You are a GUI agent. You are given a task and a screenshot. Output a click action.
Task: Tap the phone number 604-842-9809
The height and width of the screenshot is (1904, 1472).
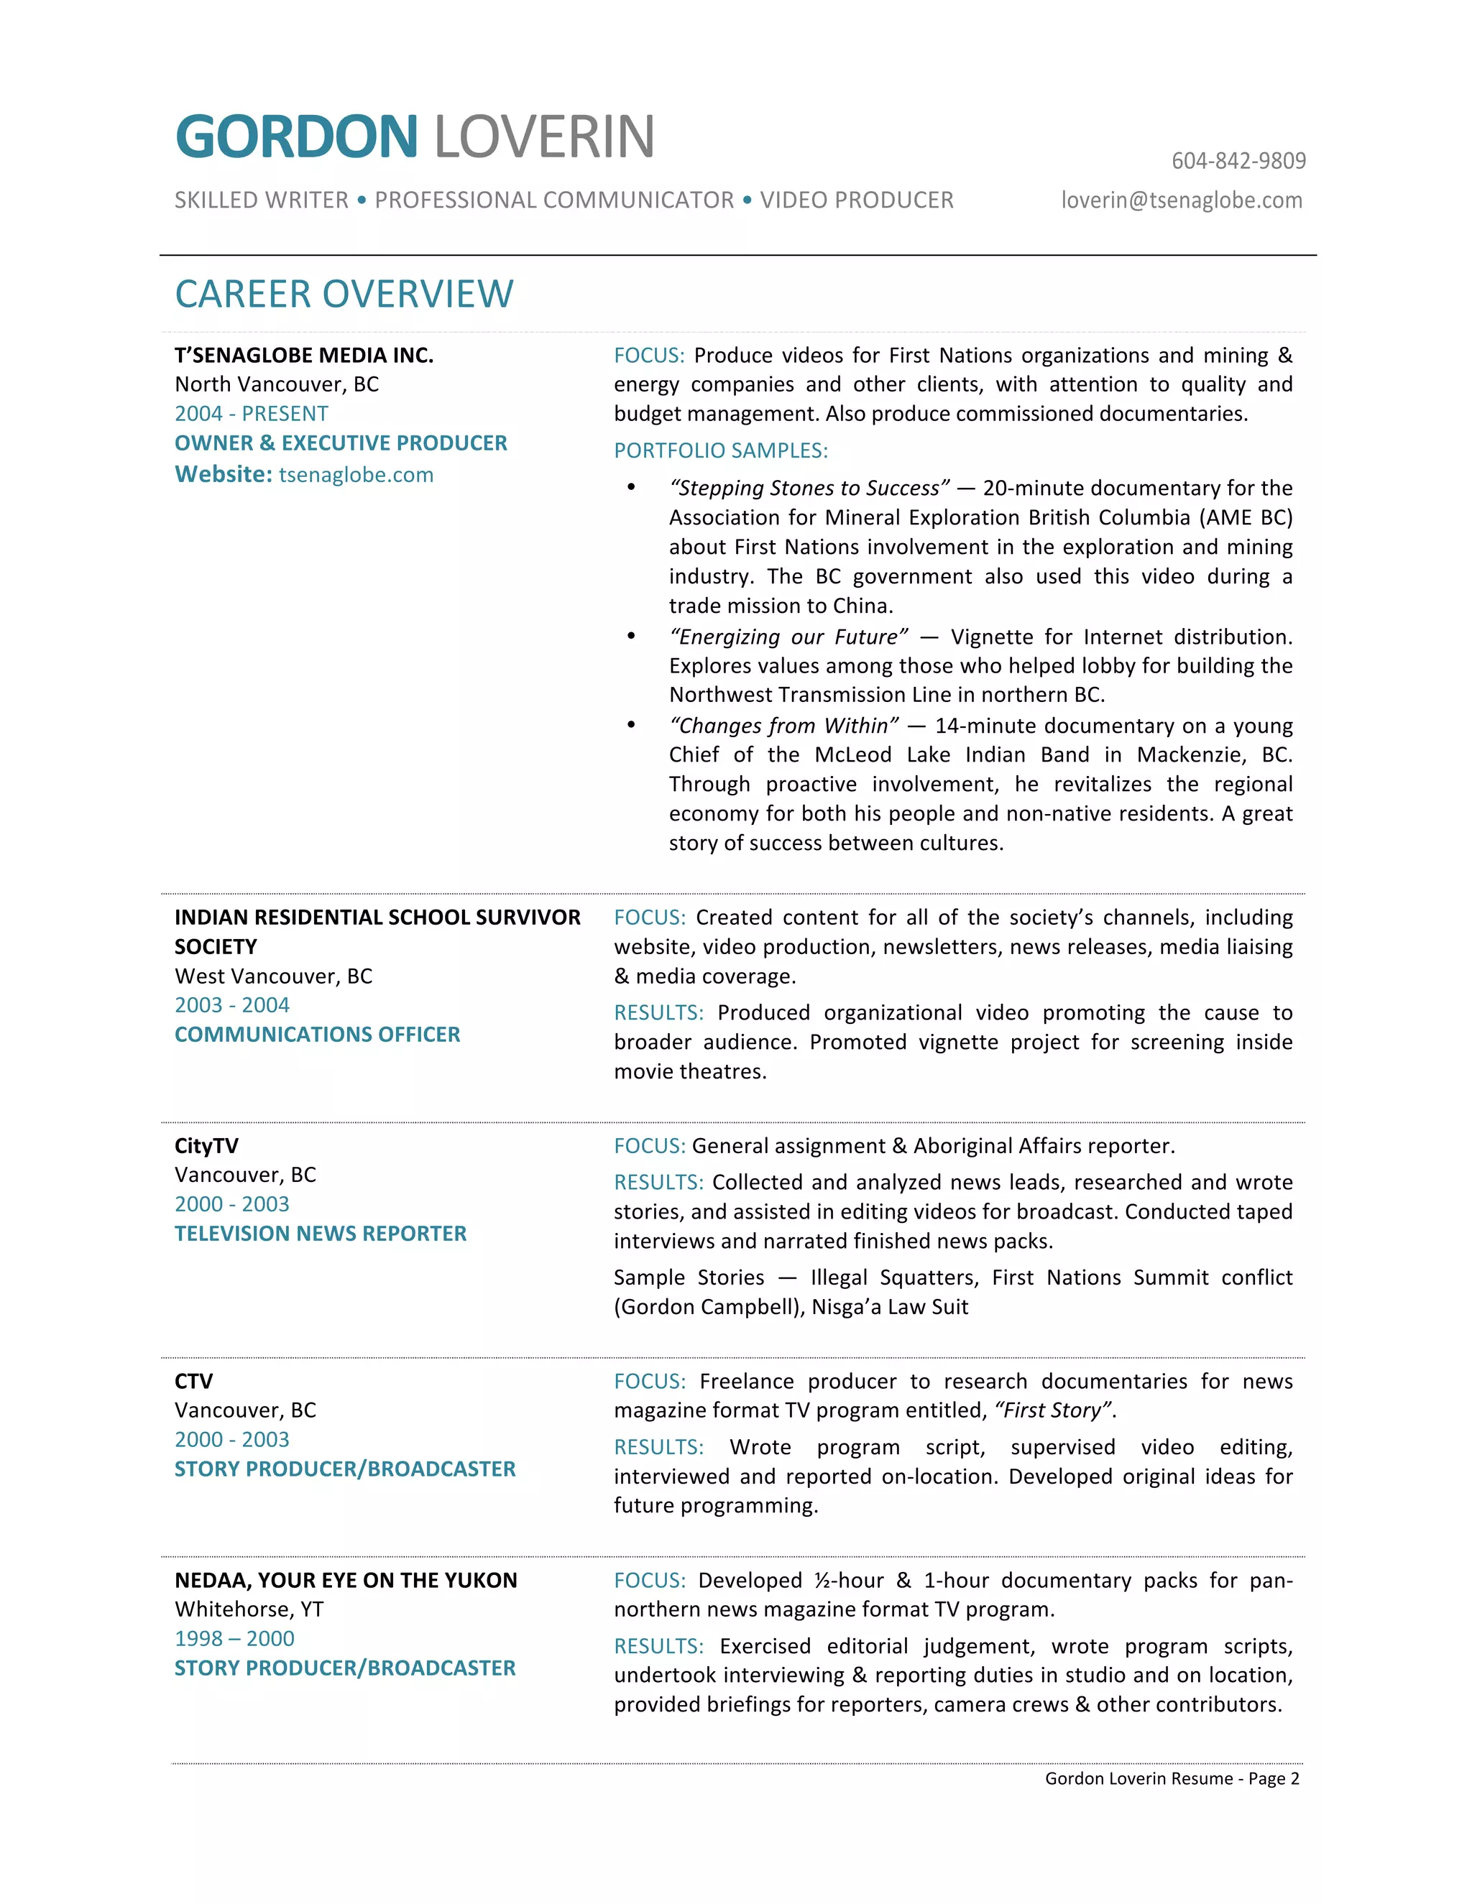[x=1238, y=161]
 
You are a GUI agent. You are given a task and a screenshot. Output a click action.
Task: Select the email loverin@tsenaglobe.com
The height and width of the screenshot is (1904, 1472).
[x=1182, y=200]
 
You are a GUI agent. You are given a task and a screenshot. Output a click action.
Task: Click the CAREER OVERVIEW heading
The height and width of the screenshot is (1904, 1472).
[x=344, y=294]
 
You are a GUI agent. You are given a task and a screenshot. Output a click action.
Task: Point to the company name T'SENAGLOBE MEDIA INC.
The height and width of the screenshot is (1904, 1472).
[x=303, y=355]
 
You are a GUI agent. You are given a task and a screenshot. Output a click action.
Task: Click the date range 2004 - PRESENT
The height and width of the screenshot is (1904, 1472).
[x=251, y=413]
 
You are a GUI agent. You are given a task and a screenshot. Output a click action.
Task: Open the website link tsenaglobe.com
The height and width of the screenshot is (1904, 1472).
[x=356, y=474]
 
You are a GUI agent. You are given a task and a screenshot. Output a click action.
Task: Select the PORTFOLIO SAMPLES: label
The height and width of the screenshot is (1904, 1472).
[x=720, y=450]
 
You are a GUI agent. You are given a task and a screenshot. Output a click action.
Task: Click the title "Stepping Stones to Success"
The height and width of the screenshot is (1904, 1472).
[x=809, y=488]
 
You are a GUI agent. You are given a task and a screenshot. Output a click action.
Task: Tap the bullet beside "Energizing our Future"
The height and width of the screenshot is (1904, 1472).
[x=631, y=637]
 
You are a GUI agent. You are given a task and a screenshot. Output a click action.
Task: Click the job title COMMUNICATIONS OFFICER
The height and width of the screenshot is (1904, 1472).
[x=318, y=1034]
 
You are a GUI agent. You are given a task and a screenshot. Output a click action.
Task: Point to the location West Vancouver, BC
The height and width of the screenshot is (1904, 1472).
[x=273, y=976]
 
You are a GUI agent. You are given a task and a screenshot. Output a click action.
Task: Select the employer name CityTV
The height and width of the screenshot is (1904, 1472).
[x=206, y=1145]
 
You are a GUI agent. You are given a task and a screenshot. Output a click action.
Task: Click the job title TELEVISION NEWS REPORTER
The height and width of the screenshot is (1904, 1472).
[x=320, y=1233]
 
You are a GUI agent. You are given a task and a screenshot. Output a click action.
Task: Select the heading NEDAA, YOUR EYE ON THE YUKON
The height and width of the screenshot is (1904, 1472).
[x=345, y=1580]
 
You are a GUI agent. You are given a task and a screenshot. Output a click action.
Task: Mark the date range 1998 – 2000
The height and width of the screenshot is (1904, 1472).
[x=234, y=1638]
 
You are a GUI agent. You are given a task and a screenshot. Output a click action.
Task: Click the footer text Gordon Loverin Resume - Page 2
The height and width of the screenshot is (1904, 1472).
[x=1171, y=1778]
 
